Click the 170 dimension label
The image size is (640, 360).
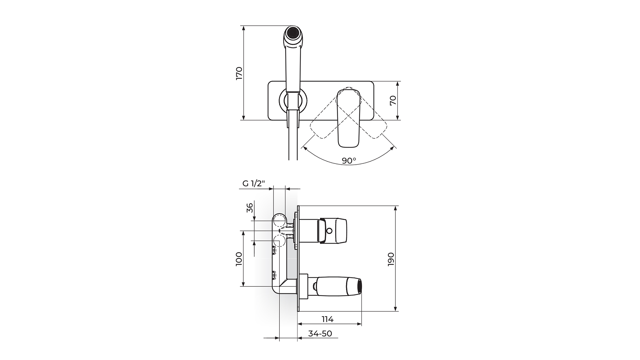[x=239, y=73]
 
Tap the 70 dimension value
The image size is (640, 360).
[x=393, y=100]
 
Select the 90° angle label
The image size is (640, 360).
[x=349, y=160]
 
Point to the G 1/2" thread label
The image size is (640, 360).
[x=253, y=183]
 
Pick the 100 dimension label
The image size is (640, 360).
[x=239, y=259]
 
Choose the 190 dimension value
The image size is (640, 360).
[x=391, y=259]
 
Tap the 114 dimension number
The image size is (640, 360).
[x=328, y=319]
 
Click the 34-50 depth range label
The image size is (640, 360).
[x=320, y=334]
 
